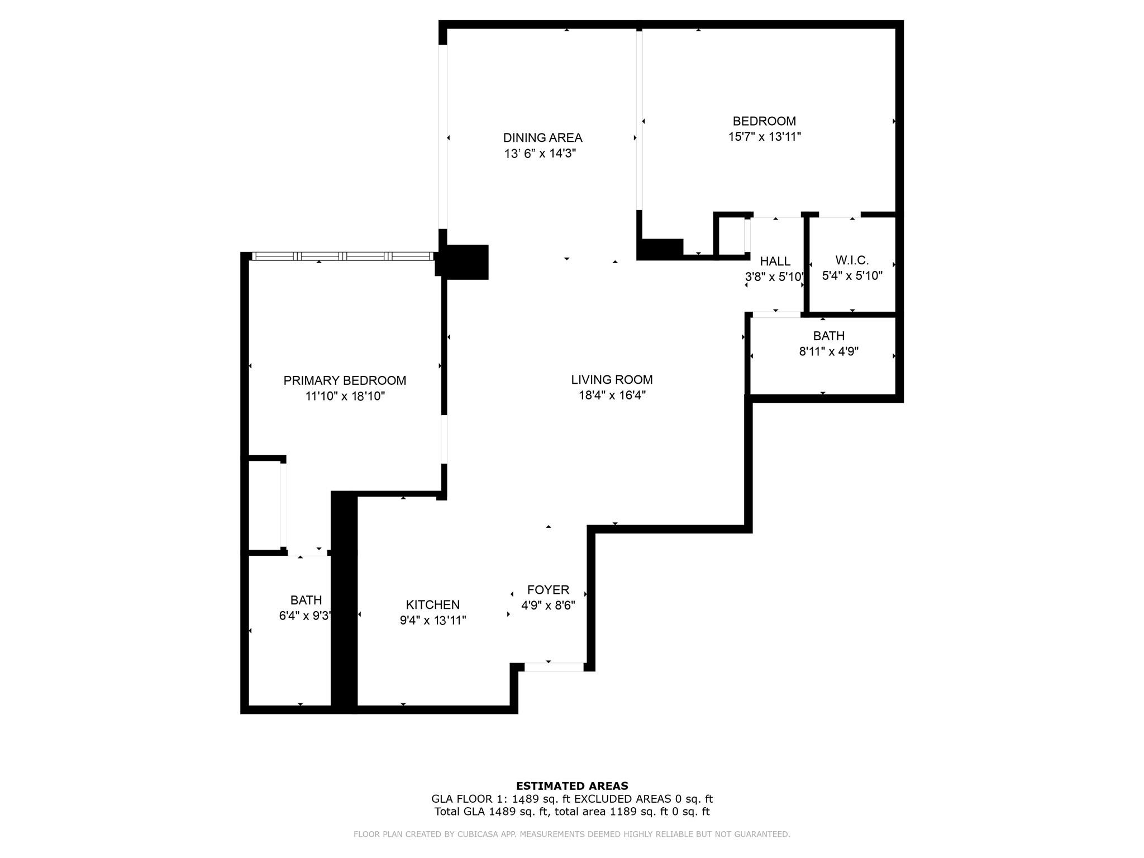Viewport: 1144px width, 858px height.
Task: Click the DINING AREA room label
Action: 542,137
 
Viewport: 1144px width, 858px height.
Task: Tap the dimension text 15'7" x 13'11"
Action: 765,136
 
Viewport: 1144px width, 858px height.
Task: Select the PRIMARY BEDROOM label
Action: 345,380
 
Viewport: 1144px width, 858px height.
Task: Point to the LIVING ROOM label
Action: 612,379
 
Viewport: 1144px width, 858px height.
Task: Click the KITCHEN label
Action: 433,604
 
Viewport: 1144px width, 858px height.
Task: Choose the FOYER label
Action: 548,589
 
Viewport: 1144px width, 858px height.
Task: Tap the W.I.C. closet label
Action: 852,260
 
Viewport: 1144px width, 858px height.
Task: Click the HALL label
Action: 775,261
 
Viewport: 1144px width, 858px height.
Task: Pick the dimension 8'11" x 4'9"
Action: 829,351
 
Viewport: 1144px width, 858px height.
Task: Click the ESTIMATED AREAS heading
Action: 572,786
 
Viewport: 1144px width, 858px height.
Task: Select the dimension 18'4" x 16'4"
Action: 612,395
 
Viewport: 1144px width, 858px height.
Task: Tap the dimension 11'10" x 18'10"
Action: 345,396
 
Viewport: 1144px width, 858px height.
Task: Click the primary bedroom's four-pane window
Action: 343,256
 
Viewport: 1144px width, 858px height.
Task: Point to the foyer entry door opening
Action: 554,667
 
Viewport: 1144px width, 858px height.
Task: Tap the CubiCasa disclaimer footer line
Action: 572,834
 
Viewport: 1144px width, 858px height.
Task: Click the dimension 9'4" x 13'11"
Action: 433,620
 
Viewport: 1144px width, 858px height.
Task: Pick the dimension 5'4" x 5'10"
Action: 852,275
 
